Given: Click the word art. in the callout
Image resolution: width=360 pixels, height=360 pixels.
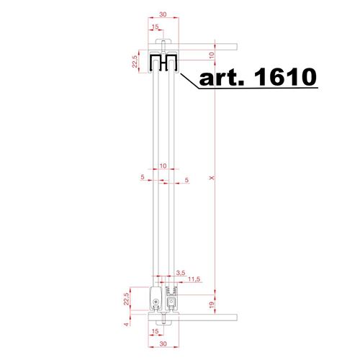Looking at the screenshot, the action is tap(221, 78).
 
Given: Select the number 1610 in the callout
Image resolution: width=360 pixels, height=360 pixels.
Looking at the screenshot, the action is tap(285, 77).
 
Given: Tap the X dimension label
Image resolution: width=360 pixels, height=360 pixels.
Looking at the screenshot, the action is tap(212, 178).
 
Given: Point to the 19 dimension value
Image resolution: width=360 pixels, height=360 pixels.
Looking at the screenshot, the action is tap(212, 305).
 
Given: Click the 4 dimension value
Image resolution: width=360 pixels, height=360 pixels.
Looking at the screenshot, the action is tap(126, 325).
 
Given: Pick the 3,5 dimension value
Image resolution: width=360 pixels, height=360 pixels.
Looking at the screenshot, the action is tap(181, 273).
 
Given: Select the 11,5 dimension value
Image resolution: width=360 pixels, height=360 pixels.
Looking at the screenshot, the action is tap(194, 279).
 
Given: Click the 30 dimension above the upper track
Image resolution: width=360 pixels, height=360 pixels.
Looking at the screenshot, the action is tap(163, 14).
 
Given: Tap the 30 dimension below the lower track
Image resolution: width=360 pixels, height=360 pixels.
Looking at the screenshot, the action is tap(163, 344).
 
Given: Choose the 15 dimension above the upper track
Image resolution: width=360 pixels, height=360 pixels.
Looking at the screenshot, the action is tap(156, 27).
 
